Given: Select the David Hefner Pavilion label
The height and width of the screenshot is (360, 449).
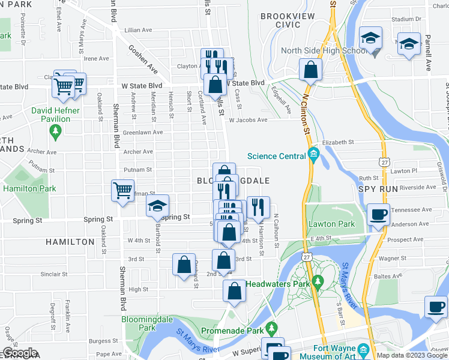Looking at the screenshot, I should tap(56, 115).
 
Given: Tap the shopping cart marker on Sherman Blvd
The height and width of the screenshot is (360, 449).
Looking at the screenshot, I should tap(123, 191).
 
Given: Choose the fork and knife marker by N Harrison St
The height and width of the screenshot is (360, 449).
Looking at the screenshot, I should tap(258, 208).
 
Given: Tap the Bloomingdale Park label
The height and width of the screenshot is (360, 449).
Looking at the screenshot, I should tap(139, 324).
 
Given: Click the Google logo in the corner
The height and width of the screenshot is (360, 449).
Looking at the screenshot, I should tap(20, 353).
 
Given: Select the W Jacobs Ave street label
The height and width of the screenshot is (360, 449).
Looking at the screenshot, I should tap(248, 120).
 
